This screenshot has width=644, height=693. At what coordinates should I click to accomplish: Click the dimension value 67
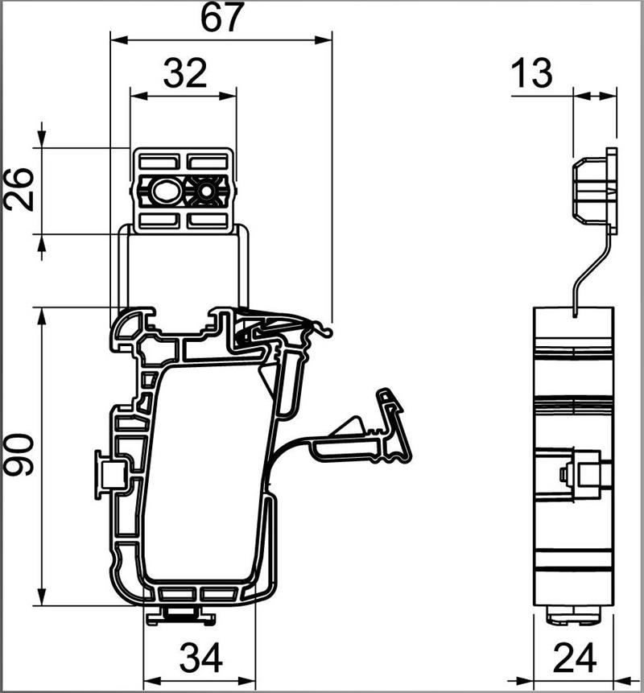point(222,18)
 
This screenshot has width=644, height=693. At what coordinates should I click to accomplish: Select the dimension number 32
point(185,73)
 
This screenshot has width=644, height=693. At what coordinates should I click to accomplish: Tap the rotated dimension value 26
point(19,188)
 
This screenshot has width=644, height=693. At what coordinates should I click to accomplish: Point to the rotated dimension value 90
point(19,455)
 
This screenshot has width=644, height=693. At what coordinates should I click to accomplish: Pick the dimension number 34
point(201,658)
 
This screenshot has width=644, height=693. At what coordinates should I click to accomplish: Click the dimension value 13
point(531,73)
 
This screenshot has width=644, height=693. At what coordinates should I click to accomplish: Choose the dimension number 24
point(575,658)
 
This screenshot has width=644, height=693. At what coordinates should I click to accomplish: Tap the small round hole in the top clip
point(206,192)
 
